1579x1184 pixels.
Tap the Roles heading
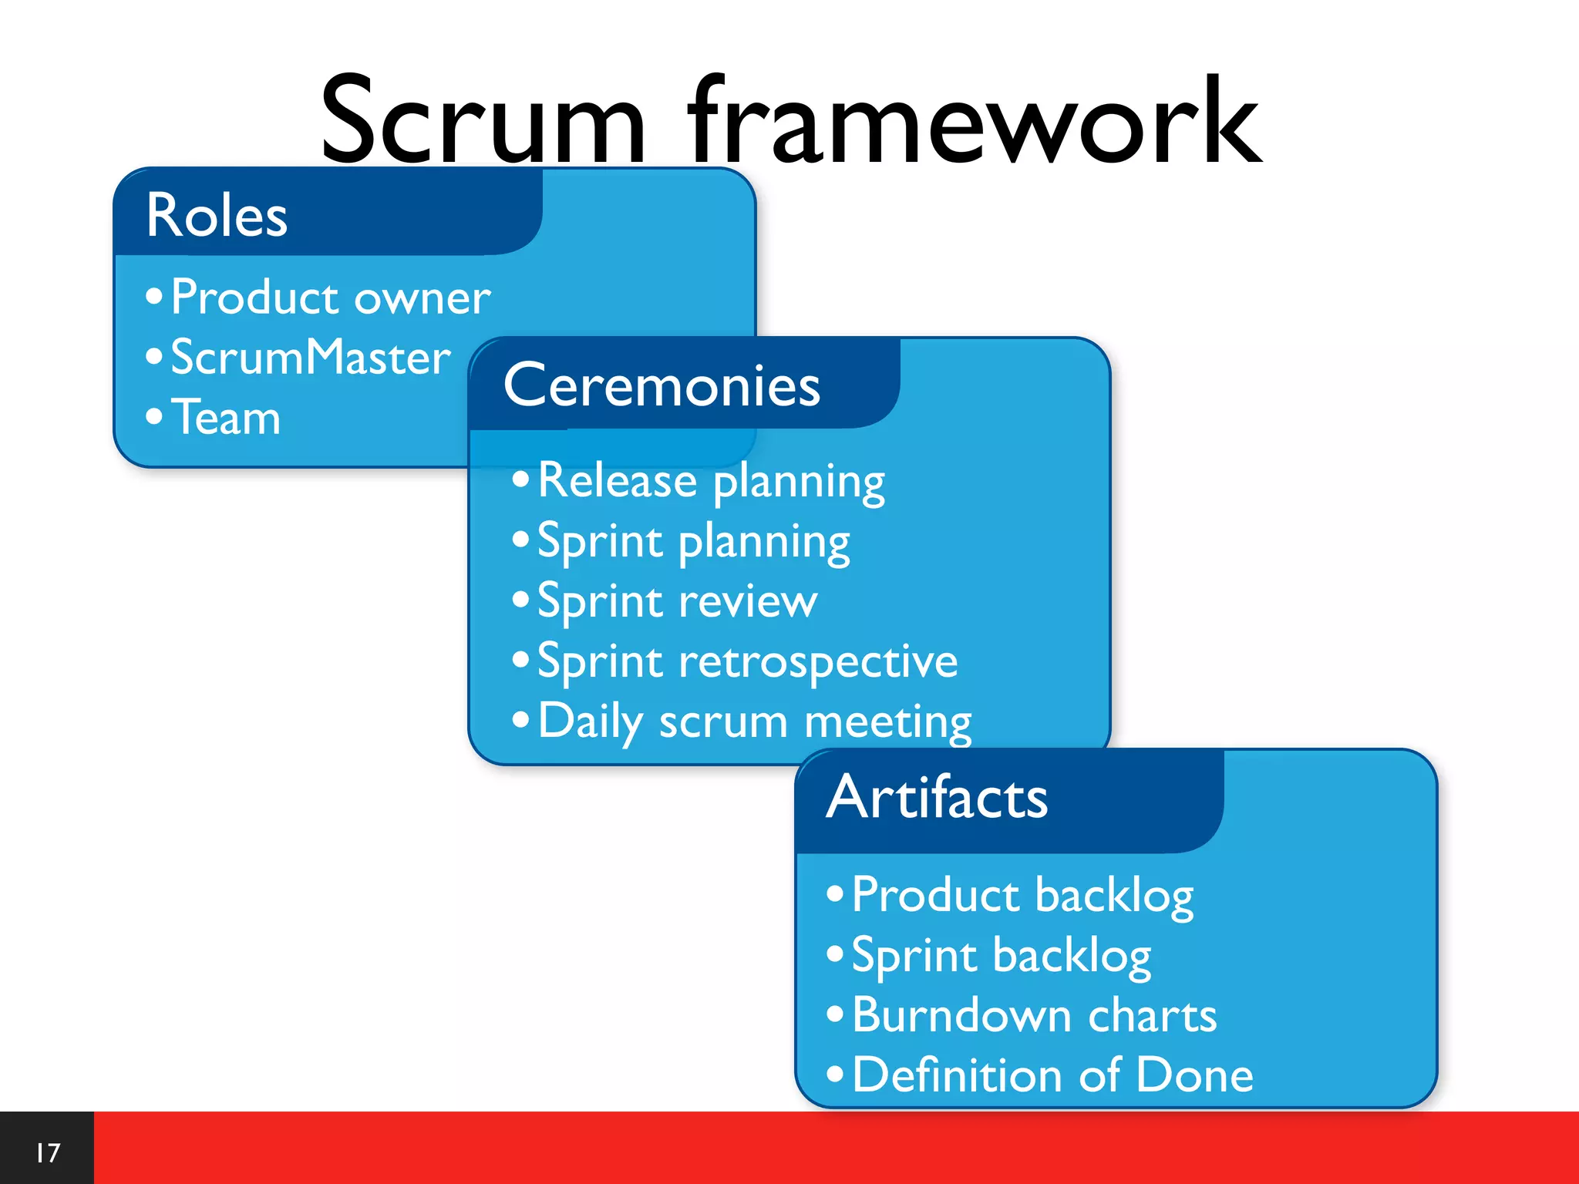[x=217, y=216]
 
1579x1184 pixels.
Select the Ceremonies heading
[x=662, y=385]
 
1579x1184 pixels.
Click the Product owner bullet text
[x=330, y=298]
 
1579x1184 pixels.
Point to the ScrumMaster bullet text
[x=310, y=358]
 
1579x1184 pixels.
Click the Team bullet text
[x=226, y=418]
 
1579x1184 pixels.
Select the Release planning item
[x=711, y=482]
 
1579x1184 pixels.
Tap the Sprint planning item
[x=693, y=542]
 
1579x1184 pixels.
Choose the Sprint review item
[x=677, y=602]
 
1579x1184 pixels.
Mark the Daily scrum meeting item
[x=754, y=722]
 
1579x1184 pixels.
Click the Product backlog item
[x=1022, y=896]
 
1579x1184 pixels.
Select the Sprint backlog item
[x=1001, y=956]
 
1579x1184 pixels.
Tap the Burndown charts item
[x=1034, y=1016]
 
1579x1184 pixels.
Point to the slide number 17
[x=47, y=1153]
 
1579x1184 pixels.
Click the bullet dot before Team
[x=154, y=416]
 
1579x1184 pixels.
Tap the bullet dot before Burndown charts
[x=835, y=1014]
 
